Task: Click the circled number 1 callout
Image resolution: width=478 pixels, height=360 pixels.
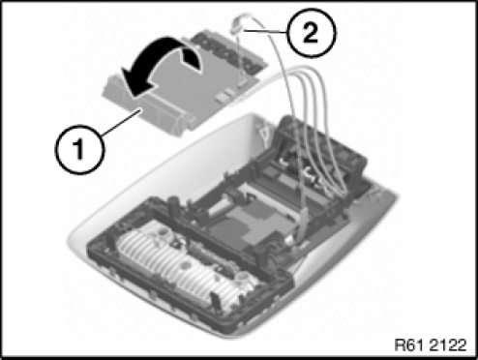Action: coord(79,150)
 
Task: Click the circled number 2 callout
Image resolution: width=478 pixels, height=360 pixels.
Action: coord(312,33)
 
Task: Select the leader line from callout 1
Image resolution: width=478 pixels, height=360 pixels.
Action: coord(122,122)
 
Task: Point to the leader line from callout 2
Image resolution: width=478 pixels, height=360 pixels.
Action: coord(266,31)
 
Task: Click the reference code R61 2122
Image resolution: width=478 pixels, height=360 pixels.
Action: coord(431,345)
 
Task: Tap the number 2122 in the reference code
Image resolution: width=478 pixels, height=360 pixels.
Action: coord(448,345)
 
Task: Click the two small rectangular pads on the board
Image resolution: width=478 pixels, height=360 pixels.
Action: coord(225,95)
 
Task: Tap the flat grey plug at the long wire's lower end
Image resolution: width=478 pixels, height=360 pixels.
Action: coord(302,225)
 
